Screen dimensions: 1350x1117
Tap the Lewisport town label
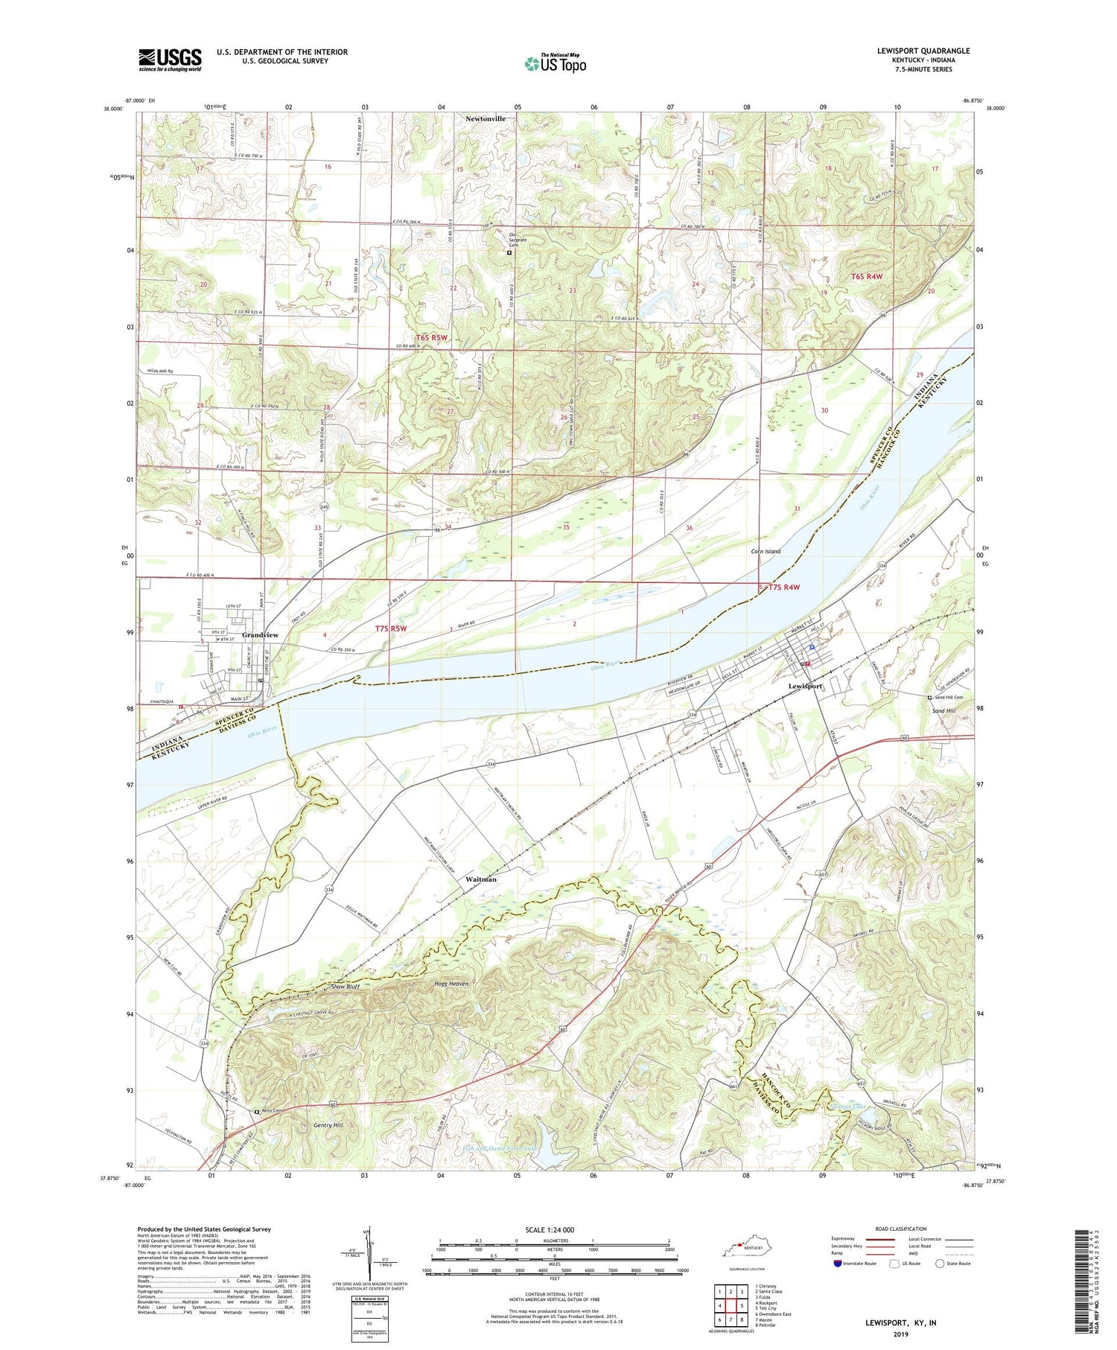(806, 686)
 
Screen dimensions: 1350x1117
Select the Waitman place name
(480, 879)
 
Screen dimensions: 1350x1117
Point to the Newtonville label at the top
(486, 118)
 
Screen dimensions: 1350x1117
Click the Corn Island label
(766, 551)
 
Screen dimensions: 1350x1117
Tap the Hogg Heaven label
(451, 984)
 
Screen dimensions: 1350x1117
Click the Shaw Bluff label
(346, 987)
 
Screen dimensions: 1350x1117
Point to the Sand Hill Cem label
(949, 698)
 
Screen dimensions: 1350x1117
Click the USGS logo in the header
(170, 60)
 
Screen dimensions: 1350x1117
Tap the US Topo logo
(555, 63)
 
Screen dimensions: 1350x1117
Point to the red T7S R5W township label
(390, 628)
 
